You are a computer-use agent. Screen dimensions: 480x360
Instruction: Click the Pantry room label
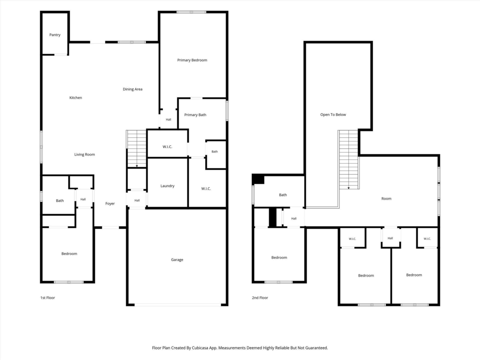click(55, 35)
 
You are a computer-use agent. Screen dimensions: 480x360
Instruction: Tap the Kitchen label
click(75, 97)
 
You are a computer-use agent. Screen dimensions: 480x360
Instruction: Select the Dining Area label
click(133, 89)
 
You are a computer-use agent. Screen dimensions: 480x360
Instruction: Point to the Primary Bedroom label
click(192, 60)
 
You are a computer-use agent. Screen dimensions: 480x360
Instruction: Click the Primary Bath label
click(195, 115)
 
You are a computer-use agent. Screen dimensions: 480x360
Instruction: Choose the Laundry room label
click(167, 186)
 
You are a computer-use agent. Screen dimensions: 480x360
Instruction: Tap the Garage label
click(177, 260)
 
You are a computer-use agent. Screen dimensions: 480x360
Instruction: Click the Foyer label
click(110, 203)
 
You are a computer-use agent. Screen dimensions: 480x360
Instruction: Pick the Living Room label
click(84, 154)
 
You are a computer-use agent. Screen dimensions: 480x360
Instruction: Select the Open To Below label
click(333, 114)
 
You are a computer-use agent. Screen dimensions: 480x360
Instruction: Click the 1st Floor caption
click(47, 298)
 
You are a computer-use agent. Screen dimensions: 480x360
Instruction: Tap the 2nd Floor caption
click(260, 298)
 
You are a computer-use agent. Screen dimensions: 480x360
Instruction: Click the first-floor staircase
click(136, 149)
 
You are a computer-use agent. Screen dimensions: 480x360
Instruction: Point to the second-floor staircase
click(348, 160)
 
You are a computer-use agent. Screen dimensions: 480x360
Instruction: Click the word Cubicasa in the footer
click(200, 348)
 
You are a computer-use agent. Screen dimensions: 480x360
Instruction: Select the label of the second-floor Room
click(386, 199)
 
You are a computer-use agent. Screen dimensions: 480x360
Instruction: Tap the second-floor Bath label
click(283, 195)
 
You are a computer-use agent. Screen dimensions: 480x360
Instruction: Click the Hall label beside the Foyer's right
click(137, 201)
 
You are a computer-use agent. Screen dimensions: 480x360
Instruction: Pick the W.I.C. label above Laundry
click(167, 147)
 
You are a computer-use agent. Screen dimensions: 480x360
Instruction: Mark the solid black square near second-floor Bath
click(258, 179)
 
